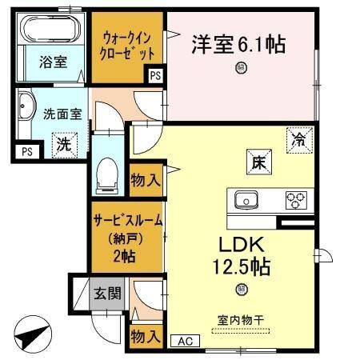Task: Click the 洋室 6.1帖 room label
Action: coord(238,44)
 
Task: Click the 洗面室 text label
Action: coord(62,114)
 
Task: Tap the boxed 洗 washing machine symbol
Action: coord(62,145)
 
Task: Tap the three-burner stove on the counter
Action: coord(297,198)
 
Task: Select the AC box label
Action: coord(186,340)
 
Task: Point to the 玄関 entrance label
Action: coord(106,293)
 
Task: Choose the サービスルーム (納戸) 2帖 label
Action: coord(125,238)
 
